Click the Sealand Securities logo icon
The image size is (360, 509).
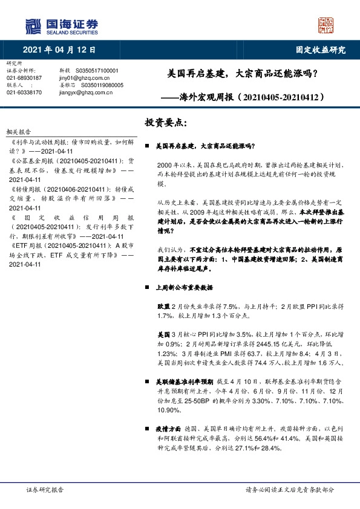(34, 25)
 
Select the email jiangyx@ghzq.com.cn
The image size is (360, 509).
(83, 92)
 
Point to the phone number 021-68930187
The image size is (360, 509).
(24, 78)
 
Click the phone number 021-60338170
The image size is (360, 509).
(24, 92)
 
